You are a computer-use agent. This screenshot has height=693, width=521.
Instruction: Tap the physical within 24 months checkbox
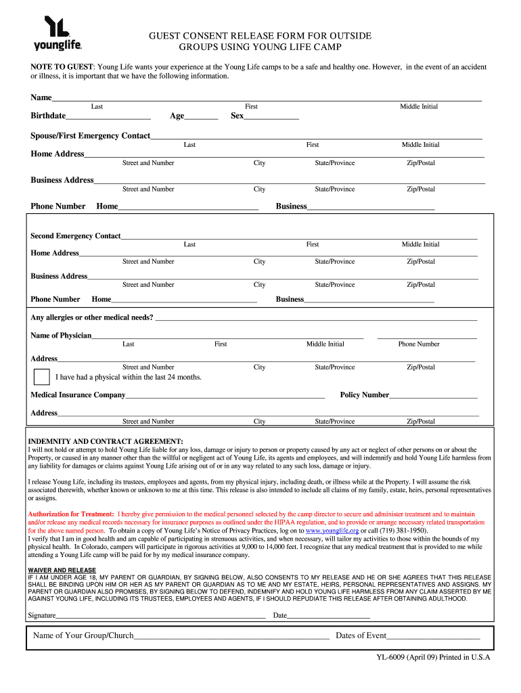click(x=42, y=377)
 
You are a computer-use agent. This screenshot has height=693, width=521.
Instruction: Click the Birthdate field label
click(x=48, y=116)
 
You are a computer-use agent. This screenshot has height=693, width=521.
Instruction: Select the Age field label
click(x=177, y=116)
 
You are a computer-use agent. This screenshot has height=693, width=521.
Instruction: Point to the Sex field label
click(x=237, y=116)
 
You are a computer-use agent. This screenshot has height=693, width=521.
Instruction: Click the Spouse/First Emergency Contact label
click(x=90, y=136)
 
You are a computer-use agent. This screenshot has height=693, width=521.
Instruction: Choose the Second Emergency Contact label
click(x=75, y=236)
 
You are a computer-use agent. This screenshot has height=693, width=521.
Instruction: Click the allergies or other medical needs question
click(x=92, y=317)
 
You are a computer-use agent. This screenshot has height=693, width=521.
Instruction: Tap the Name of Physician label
click(x=61, y=336)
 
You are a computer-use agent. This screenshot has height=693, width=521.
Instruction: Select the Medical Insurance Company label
click(x=78, y=395)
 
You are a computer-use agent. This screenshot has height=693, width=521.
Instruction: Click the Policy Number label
click(x=364, y=395)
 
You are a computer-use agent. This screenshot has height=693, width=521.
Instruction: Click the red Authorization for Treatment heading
click(x=71, y=514)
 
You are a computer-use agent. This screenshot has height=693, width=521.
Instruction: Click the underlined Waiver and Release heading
click(x=62, y=570)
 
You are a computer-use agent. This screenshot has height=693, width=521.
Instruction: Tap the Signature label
click(x=41, y=615)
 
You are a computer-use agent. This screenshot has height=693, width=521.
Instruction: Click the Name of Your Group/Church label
click(x=83, y=635)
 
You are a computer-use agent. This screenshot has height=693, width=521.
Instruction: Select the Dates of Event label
click(x=361, y=635)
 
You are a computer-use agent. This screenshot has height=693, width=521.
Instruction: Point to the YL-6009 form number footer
click(x=433, y=657)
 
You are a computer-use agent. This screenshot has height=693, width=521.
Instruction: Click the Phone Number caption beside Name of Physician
click(x=418, y=344)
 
